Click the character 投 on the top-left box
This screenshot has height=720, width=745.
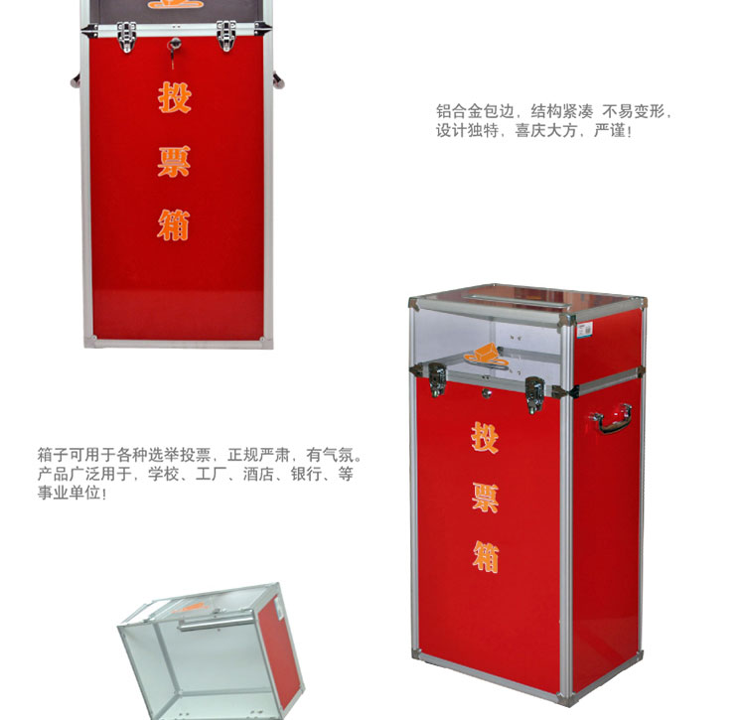(x=175, y=97)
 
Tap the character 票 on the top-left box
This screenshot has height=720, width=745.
(x=175, y=162)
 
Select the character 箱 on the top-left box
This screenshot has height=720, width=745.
(x=174, y=224)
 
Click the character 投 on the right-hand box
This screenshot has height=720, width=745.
(x=485, y=437)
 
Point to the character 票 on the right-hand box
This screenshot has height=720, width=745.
(x=485, y=498)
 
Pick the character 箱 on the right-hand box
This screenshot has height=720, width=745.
(x=486, y=557)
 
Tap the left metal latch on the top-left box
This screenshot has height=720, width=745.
(x=126, y=36)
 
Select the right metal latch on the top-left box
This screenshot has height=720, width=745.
(x=226, y=36)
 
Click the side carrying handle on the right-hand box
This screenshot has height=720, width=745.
(x=612, y=419)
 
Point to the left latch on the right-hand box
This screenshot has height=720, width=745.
(x=438, y=379)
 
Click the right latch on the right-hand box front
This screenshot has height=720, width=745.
(x=535, y=395)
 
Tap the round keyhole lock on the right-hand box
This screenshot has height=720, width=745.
(x=487, y=392)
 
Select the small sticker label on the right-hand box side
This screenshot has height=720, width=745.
(x=584, y=329)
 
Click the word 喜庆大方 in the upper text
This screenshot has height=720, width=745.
(x=546, y=130)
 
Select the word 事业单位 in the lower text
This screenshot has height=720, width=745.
(x=69, y=493)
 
